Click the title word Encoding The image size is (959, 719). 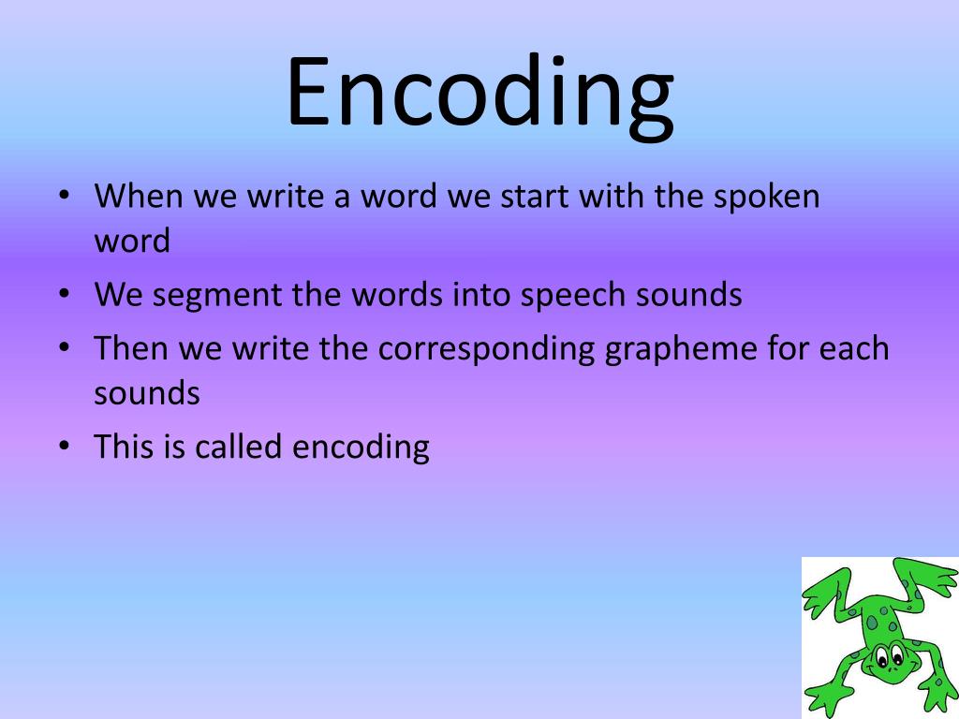coord(479,94)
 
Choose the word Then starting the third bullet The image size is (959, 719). coord(131,348)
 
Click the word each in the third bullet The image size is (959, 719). coord(853,348)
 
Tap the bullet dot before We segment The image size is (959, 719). coord(64,295)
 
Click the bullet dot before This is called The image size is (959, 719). coord(64,447)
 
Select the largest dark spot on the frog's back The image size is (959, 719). coord(872,623)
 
